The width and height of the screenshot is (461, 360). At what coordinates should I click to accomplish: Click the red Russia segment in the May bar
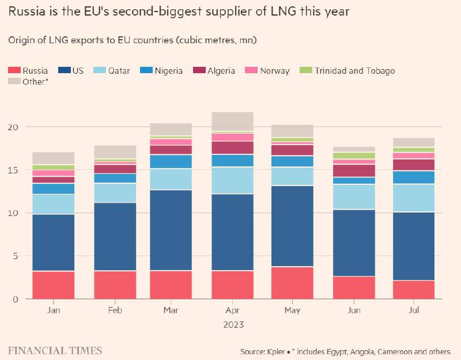(x=292, y=283)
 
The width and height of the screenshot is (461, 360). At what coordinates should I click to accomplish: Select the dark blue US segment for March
(x=171, y=230)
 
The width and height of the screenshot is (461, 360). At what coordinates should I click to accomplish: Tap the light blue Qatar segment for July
(x=414, y=198)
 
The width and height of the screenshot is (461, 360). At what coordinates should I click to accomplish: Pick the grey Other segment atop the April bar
(x=232, y=121)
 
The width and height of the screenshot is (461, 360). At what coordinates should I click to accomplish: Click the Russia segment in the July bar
(x=414, y=289)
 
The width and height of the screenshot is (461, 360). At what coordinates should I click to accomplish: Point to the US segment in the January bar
(x=54, y=242)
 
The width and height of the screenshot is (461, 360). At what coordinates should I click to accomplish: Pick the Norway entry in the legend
(x=268, y=71)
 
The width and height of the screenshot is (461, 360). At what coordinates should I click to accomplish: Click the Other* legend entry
(x=29, y=82)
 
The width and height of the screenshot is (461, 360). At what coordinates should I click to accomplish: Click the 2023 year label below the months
(x=233, y=324)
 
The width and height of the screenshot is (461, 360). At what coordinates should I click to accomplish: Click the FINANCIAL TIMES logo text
(x=55, y=350)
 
